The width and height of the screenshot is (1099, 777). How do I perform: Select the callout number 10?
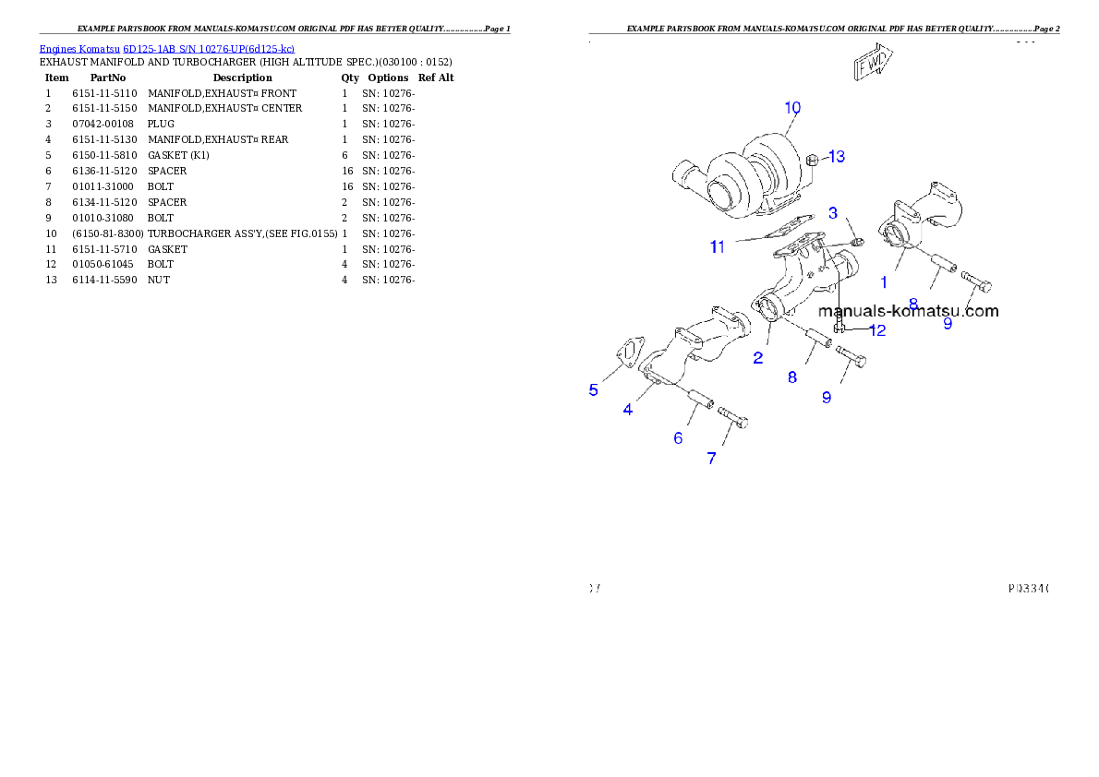[x=792, y=108]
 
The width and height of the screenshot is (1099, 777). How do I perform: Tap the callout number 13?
[x=836, y=157]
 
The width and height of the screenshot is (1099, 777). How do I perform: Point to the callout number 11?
[x=719, y=246]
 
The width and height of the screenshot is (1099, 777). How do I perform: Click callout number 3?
[x=833, y=213]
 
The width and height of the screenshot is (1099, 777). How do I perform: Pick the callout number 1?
[x=884, y=283]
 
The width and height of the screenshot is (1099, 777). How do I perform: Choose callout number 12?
[x=876, y=329]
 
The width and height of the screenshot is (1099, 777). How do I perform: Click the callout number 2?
[x=757, y=358]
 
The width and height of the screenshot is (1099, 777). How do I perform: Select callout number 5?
[x=594, y=389]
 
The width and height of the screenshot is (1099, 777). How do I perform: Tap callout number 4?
[x=628, y=410]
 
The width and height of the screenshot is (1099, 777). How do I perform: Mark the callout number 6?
[x=678, y=438]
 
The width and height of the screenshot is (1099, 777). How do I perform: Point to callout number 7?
[x=711, y=458]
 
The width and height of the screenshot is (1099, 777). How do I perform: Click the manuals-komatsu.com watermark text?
[x=908, y=311]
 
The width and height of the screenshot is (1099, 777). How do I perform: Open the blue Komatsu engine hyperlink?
[x=166, y=48]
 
